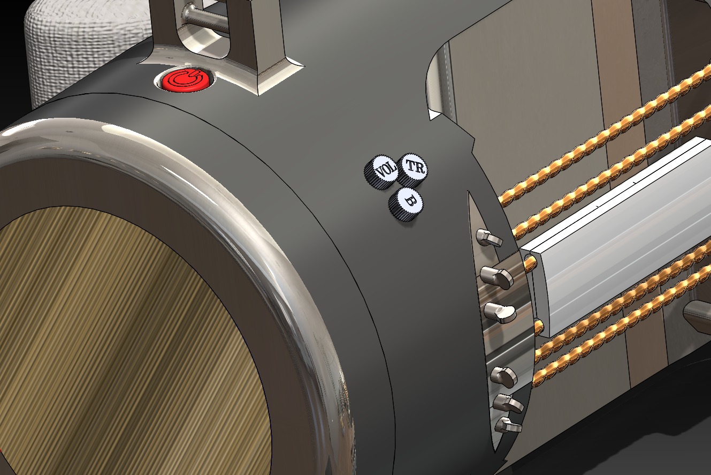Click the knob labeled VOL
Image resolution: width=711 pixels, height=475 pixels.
[x=381, y=172]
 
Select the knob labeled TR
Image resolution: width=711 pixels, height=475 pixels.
[x=413, y=169]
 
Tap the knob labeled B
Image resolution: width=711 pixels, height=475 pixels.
[x=406, y=203]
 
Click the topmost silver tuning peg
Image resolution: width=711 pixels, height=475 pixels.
[x=489, y=238]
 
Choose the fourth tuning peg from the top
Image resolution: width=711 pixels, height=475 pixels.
[x=504, y=377]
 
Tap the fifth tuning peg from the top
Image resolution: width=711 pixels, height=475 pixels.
[x=508, y=403]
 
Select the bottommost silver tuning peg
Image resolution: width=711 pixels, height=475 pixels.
[x=508, y=425]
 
